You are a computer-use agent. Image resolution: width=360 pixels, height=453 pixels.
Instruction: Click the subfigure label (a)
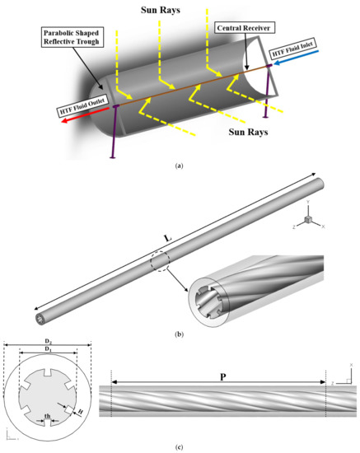tap(180, 165)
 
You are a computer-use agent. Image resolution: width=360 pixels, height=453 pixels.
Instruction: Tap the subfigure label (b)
tap(180, 332)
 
